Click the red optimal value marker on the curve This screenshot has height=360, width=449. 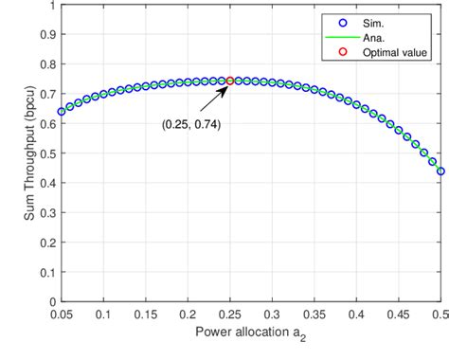coord(230,81)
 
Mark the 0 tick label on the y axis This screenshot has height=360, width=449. coord(50,302)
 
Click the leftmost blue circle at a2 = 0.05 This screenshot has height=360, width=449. coord(62,111)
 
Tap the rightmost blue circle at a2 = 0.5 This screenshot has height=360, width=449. coord(440,171)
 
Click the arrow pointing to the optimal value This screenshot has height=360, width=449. coord(218,94)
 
